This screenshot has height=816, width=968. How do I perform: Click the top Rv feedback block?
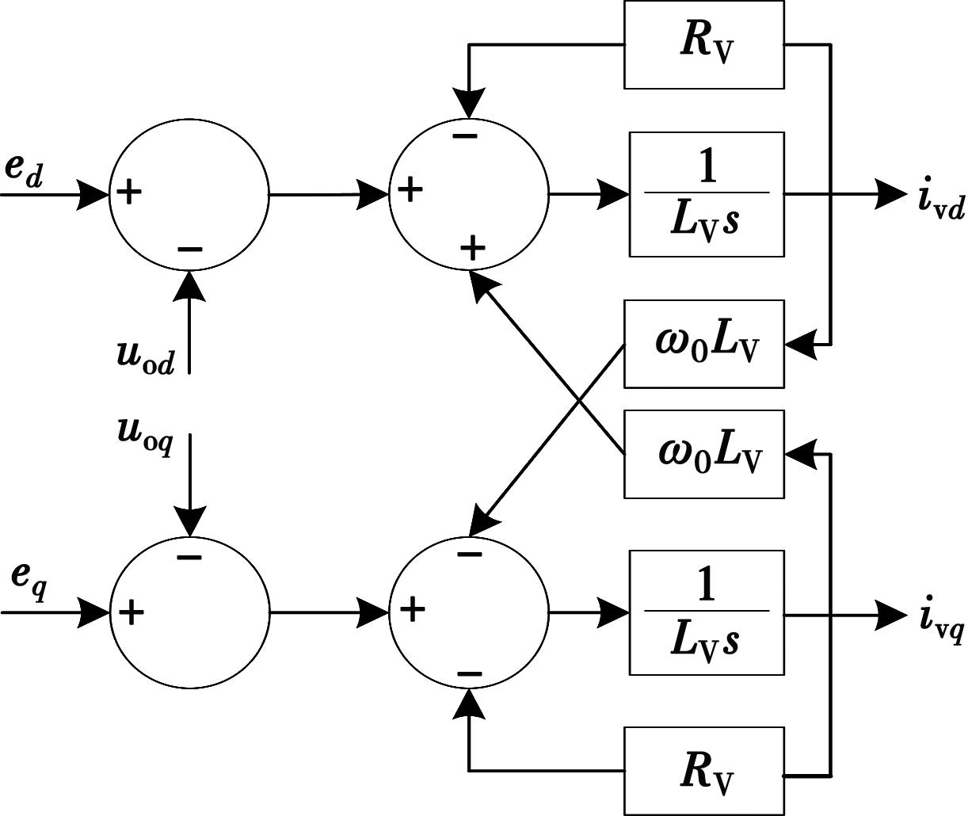coord(704,44)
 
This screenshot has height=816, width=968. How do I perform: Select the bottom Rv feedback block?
coord(704,771)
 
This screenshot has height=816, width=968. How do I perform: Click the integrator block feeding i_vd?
coord(707,194)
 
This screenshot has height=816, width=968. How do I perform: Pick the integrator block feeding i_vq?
coord(707,612)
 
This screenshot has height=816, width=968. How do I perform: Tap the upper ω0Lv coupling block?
coord(704,344)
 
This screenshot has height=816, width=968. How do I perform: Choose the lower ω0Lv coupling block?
coord(704,454)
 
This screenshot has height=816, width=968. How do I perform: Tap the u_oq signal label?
coord(145,434)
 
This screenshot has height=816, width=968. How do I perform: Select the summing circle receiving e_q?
coord(189,612)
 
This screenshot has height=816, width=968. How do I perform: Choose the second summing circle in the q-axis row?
coord(469,612)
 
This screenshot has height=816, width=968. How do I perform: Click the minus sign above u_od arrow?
coord(190,250)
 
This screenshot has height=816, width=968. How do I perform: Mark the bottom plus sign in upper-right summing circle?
coord(472,249)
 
